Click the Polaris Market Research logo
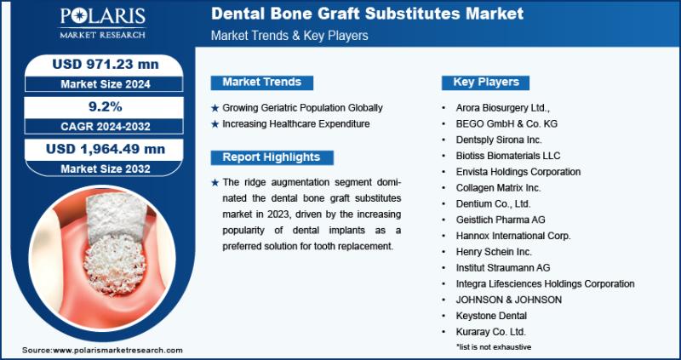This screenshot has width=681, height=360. point(102,23)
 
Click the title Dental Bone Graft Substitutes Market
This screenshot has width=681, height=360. point(368,14)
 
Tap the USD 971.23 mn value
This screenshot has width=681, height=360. point(106,65)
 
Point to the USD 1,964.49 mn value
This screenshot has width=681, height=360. point(106,149)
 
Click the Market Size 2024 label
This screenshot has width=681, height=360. point(105,83)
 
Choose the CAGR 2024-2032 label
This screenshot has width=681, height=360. point(105,126)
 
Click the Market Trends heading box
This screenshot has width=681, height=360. point(262,83)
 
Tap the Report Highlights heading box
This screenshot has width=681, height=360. point(272,157)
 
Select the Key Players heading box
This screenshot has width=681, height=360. point(485,83)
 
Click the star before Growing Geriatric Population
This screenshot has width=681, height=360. point(215,108)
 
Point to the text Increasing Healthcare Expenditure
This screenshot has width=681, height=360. point(295,123)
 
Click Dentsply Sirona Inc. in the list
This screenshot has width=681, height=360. point(499,140)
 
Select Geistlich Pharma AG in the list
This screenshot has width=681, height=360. point(501,220)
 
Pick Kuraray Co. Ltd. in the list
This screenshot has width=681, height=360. point(491,332)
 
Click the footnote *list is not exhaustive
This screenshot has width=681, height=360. point(494,347)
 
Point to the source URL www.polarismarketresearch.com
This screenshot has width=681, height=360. point(117,350)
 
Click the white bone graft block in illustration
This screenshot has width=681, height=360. point(117,217)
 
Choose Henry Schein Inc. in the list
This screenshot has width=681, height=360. point(494,252)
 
